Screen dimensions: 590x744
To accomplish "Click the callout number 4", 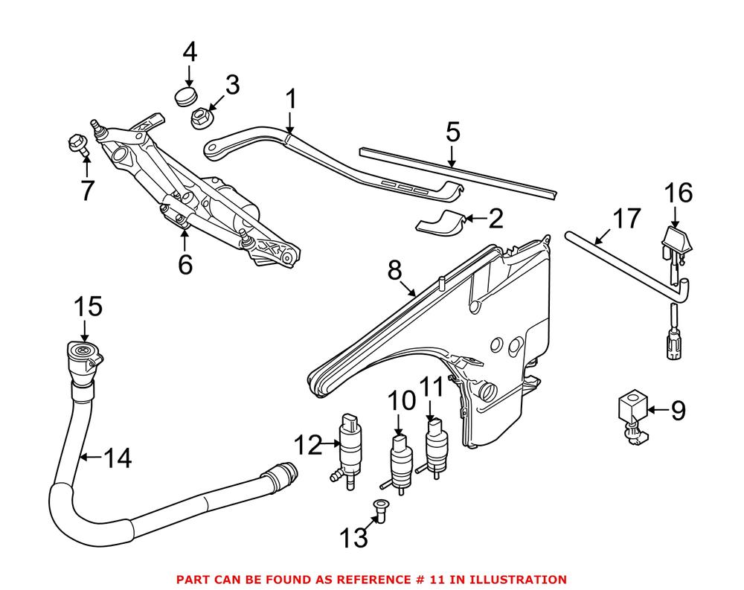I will [190, 53].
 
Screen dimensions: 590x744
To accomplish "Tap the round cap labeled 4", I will [186, 95].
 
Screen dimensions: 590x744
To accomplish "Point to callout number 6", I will [185, 263].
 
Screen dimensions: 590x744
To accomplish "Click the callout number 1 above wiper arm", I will [291, 98].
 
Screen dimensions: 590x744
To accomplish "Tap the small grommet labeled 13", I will [379, 511].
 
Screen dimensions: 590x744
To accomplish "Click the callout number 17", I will [626, 219].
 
